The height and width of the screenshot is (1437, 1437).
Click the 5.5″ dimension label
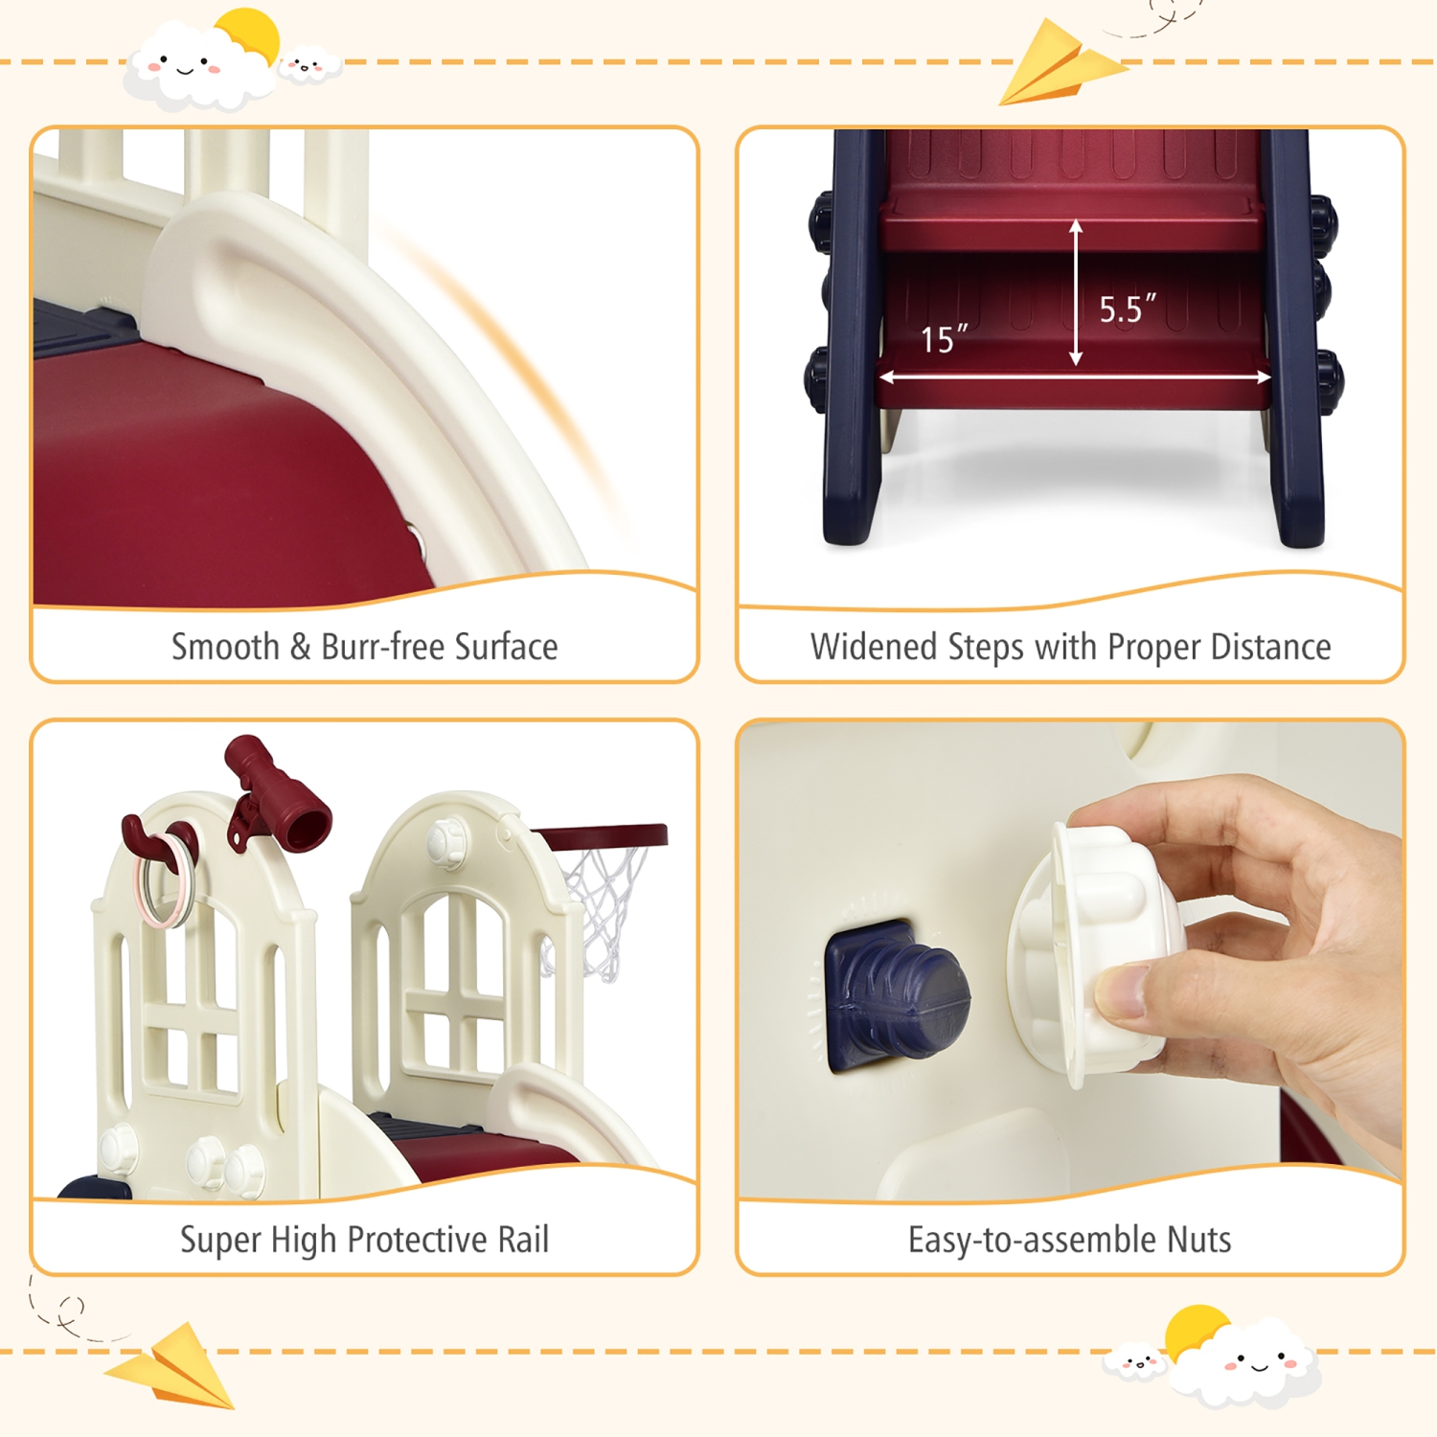pyautogui.click(x=1126, y=309)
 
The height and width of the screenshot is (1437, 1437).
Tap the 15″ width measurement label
pyautogui.click(x=943, y=339)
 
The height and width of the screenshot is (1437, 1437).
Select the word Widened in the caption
pyautogui.click(x=874, y=648)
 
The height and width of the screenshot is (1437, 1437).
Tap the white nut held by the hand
pyautogui.click(x=1092, y=948)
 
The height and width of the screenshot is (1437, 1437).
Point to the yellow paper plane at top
pyautogui.click(x=1059, y=65)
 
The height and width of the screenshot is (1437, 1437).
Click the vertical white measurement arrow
pyautogui.click(x=1076, y=292)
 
